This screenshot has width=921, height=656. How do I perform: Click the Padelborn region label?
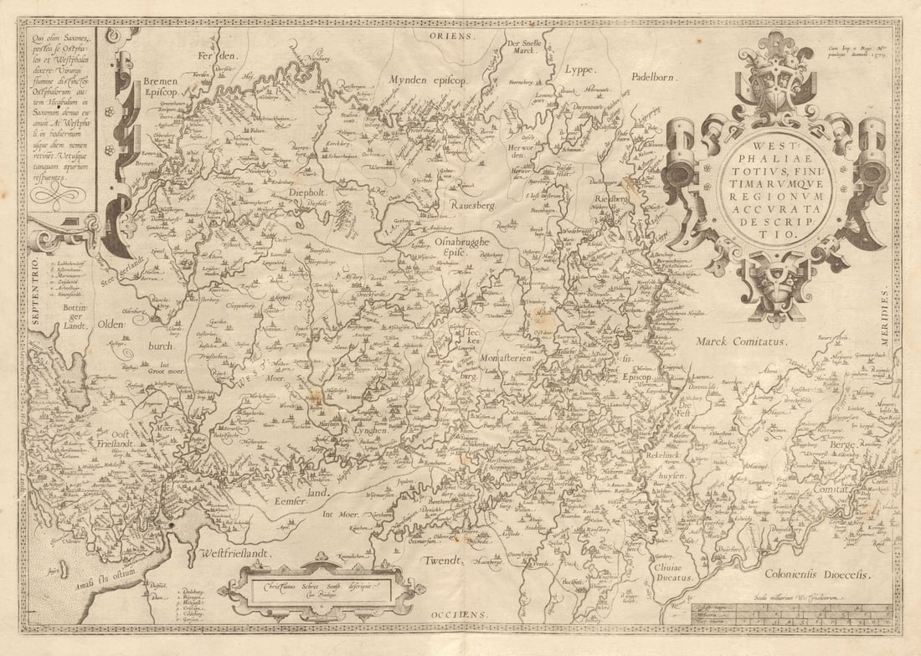(654, 75)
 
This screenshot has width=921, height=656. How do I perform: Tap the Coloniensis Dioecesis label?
(816, 574)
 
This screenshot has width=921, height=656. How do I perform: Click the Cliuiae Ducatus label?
(671, 571)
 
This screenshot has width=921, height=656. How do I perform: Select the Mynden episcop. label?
(427, 79)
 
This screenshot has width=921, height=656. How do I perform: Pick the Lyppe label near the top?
(584, 70)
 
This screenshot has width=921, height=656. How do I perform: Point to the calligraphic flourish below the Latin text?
(59, 195)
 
